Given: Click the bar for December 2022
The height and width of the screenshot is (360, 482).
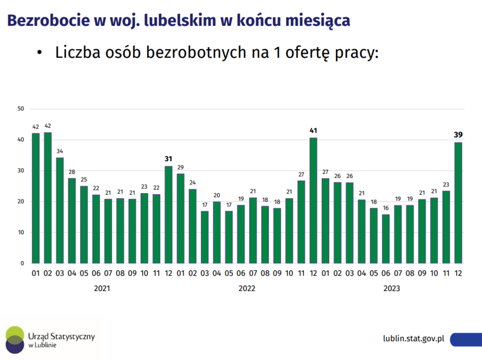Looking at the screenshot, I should click(x=313, y=201).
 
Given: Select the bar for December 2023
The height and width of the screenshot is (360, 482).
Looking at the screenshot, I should click(x=458, y=203).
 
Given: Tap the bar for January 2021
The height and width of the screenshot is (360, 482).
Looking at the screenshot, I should click(x=36, y=198).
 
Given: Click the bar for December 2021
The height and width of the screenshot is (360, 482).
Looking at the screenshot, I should click(x=168, y=215).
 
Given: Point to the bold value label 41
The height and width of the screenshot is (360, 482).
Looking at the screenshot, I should click(x=313, y=131).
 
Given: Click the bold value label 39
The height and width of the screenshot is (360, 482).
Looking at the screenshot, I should click(x=458, y=135).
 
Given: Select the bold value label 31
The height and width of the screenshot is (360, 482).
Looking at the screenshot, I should click(x=168, y=159).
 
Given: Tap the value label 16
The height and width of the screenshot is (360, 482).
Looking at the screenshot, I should click(x=386, y=208).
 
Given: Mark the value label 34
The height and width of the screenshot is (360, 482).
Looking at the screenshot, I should click(x=60, y=151).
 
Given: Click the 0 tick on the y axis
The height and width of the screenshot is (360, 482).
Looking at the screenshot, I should click(x=22, y=263).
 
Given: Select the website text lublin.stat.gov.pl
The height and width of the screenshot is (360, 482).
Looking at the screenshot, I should click(x=414, y=339).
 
